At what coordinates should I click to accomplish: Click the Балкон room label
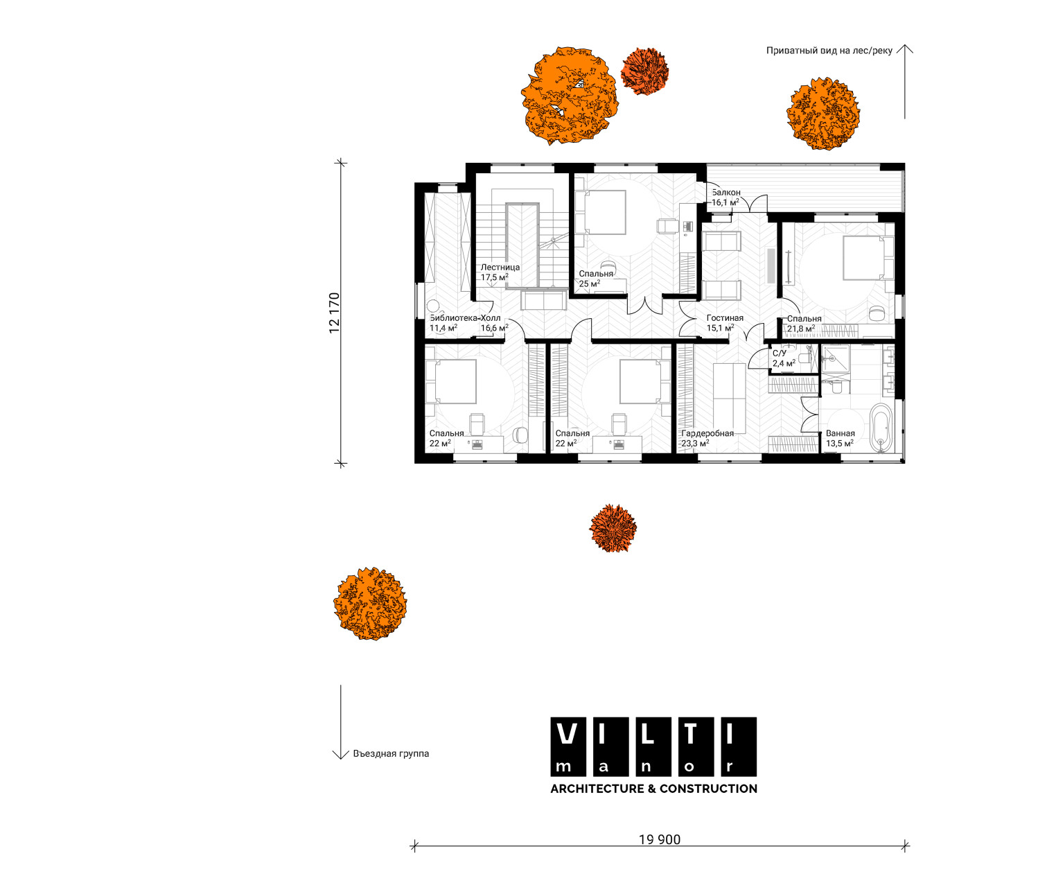(x=726, y=192)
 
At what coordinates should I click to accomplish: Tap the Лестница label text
(x=500, y=267)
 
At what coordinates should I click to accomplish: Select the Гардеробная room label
(x=707, y=433)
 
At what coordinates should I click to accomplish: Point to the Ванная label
(x=840, y=433)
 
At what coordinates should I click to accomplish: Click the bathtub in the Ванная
(x=882, y=427)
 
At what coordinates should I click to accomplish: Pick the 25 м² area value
(x=590, y=284)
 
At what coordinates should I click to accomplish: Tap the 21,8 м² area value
(x=800, y=329)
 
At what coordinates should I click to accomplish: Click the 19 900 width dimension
(x=660, y=839)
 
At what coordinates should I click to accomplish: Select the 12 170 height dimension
(x=334, y=313)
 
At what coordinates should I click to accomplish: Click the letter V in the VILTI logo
(x=567, y=733)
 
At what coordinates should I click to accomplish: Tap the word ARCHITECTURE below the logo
(x=597, y=788)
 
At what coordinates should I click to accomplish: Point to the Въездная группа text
(x=391, y=753)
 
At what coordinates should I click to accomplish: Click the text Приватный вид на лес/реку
(x=829, y=51)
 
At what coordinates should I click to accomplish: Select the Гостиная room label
(x=725, y=317)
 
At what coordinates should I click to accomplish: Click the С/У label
(x=780, y=353)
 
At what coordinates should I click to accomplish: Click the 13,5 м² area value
(x=840, y=444)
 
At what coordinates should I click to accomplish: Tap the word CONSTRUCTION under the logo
(x=708, y=788)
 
